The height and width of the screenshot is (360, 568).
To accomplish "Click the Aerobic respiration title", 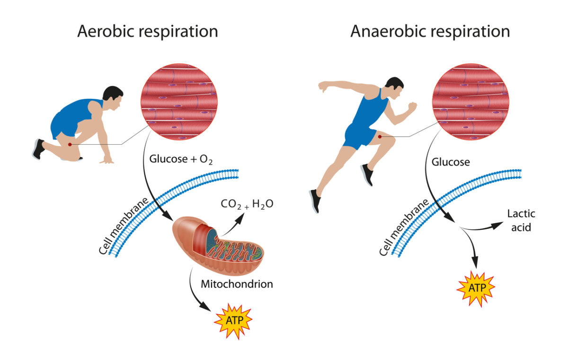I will [x=147, y=32].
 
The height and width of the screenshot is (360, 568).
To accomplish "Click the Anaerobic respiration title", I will [x=430, y=32].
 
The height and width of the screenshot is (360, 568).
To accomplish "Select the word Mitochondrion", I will [x=237, y=284].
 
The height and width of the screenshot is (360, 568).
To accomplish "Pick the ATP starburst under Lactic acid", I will [x=476, y=287].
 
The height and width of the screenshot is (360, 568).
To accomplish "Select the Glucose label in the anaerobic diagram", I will [x=451, y=162].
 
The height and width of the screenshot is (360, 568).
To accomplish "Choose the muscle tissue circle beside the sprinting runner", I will [x=471, y=101].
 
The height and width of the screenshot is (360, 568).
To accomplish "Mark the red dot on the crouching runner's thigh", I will [x=70, y=144].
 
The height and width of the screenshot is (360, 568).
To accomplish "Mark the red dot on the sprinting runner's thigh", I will [x=380, y=137].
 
